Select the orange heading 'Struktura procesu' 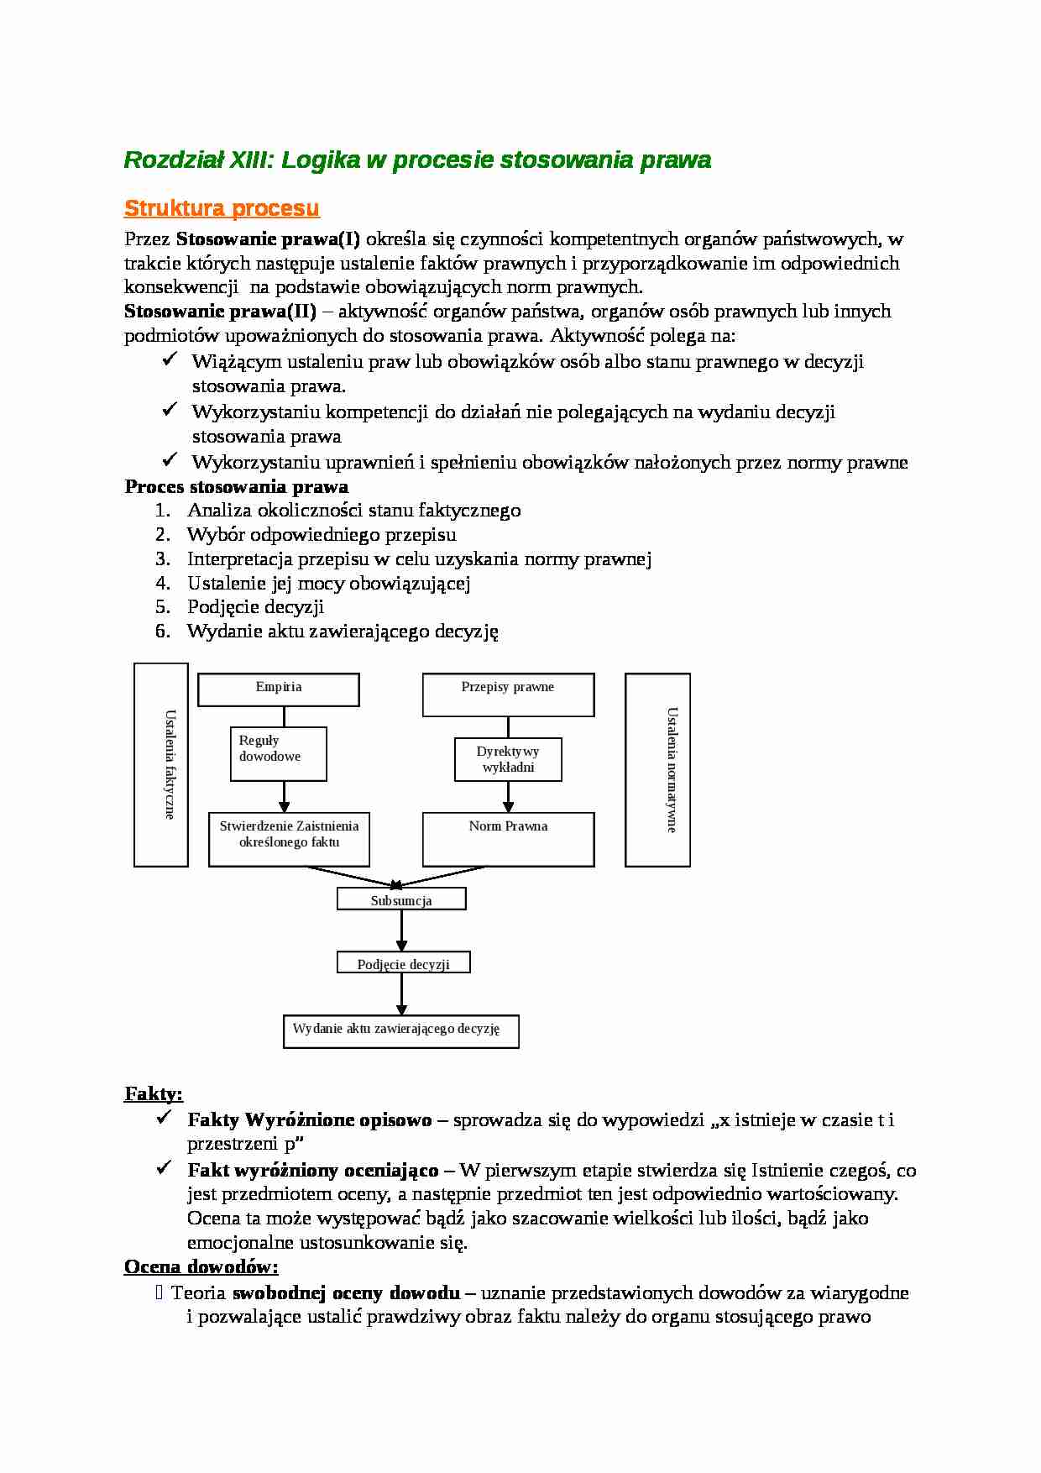tap(222, 207)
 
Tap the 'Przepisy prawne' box tap(508, 694)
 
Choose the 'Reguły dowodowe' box tap(278, 753)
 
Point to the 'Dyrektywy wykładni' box tap(508, 759)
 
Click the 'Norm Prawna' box tap(508, 838)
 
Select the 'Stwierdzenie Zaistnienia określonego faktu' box tap(289, 838)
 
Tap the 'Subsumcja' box tap(401, 899)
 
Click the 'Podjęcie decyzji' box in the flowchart tap(403, 962)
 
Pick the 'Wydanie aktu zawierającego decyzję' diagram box tap(400, 1031)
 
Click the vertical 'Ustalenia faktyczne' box tap(161, 764)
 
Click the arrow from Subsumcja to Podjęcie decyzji tap(401, 930)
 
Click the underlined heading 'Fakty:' tap(154, 1093)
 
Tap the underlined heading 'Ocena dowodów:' tap(201, 1266)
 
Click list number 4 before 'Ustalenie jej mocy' tap(163, 583)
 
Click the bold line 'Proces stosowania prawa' tap(237, 487)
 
